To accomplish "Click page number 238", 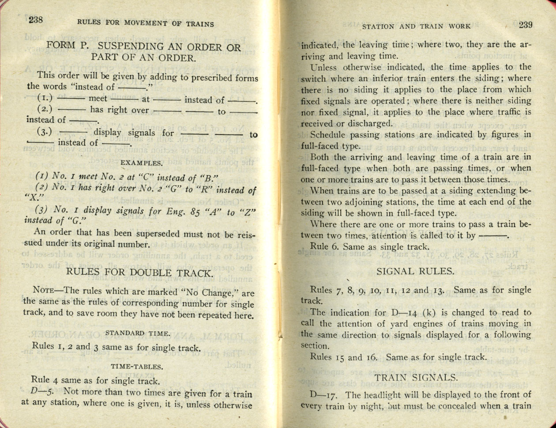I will (x=35, y=19).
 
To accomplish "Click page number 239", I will (x=526, y=25).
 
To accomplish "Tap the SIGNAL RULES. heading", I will (x=415, y=271).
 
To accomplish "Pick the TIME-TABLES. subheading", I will (x=137, y=366).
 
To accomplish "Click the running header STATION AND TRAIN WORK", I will (x=416, y=26).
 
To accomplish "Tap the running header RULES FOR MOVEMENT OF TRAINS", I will (x=145, y=24).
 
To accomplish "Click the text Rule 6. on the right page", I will (x=324, y=247).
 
